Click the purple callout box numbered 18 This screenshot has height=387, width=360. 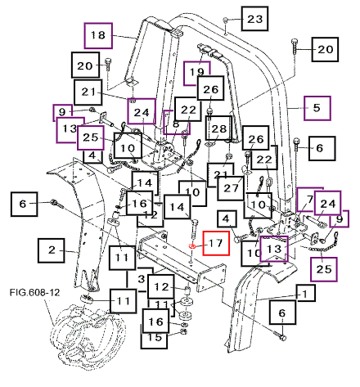98,36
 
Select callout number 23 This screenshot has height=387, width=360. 254,19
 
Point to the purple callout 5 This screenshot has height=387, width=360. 317,108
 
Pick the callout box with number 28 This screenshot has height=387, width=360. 218,128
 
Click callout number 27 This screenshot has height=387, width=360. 231,188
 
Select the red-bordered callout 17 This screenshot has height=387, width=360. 216,243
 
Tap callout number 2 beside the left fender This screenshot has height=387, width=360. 52,250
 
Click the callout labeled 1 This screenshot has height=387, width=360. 305,293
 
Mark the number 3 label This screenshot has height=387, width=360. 141,279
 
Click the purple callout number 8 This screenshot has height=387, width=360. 176,125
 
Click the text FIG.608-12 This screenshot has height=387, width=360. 34,293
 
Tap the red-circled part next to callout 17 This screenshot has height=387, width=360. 192,246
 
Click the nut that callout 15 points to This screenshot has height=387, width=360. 183,331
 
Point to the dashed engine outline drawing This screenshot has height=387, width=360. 88,335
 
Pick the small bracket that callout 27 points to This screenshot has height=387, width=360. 245,170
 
